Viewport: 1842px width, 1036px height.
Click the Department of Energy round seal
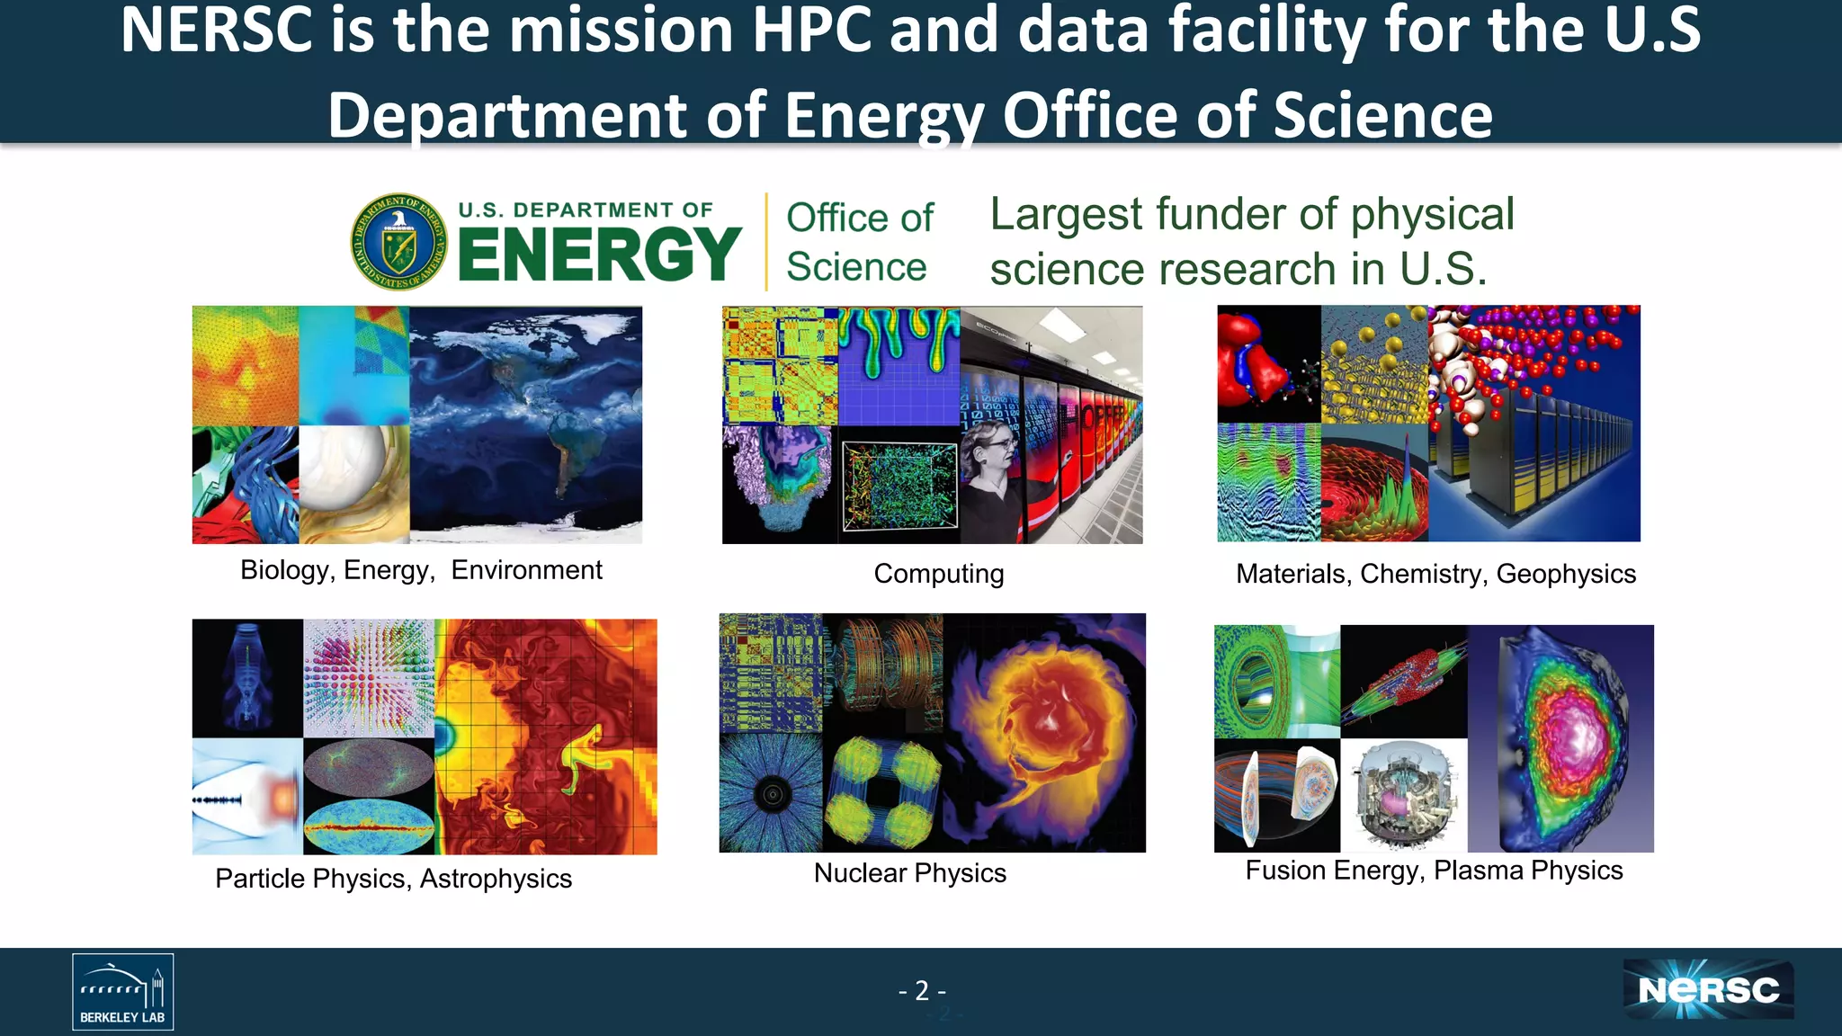[x=399, y=241]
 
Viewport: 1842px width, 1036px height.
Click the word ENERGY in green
[x=599, y=255]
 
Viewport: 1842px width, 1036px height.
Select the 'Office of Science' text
[x=859, y=242]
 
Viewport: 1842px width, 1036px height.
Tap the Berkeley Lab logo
[x=123, y=991]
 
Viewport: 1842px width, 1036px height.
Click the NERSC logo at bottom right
[x=1708, y=989]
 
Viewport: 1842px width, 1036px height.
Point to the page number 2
[x=922, y=990]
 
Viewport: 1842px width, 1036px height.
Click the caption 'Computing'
[x=938, y=574]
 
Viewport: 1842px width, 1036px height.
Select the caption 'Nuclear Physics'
[x=909, y=872]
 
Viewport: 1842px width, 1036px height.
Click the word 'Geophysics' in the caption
[x=1566, y=574]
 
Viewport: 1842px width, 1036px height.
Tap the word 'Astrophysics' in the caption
[x=496, y=879]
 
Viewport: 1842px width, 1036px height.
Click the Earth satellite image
[x=526, y=424]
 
